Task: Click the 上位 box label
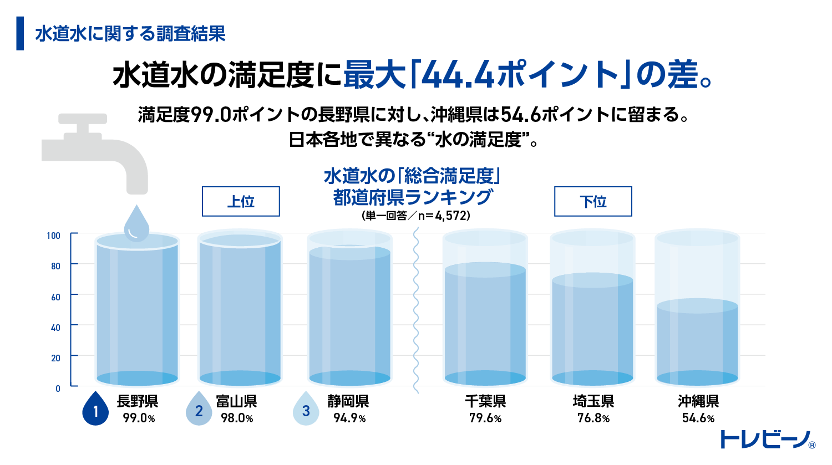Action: click(x=240, y=201)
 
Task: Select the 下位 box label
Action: click(x=593, y=201)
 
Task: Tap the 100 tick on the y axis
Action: click(x=53, y=236)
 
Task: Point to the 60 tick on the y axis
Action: click(x=55, y=297)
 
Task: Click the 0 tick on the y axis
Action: click(x=58, y=389)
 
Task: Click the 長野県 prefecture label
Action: click(x=137, y=401)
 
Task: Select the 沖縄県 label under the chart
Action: click(x=698, y=401)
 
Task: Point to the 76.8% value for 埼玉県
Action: click(x=593, y=418)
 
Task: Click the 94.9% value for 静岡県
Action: click(x=349, y=418)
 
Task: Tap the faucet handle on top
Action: click(x=83, y=119)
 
